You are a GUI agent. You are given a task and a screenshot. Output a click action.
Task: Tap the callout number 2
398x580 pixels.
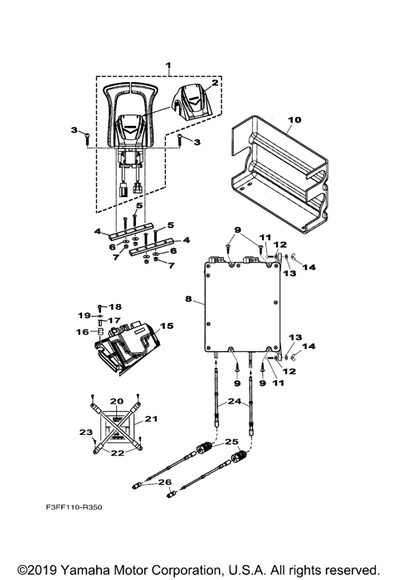(x=214, y=83)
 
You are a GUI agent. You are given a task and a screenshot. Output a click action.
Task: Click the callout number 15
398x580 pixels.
(x=166, y=326)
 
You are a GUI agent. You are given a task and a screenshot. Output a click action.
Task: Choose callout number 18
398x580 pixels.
(x=116, y=306)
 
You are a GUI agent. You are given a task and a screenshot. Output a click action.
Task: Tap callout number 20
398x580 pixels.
(x=116, y=400)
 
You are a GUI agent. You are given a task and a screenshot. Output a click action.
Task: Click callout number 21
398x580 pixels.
(x=150, y=420)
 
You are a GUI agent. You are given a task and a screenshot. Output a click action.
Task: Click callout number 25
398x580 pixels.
(x=231, y=442)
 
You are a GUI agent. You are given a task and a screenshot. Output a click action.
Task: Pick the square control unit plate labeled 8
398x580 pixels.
(x=240, y=307)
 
